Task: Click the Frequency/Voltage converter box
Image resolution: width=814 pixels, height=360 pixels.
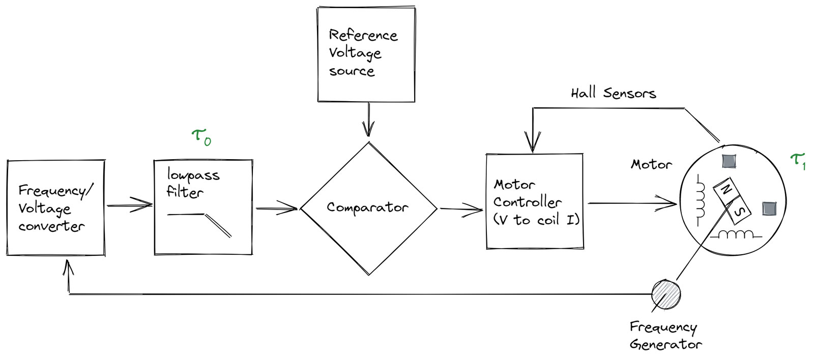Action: (x=55, y=208)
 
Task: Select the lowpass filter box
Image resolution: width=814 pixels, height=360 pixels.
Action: (x=203, y=207)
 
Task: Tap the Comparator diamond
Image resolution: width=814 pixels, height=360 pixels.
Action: (x=368, y=208)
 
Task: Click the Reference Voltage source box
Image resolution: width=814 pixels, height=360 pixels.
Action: (x=366, y=54)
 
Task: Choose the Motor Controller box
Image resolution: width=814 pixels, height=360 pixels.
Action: (x=534, y=202)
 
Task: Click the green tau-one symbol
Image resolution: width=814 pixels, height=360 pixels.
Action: (x=798, y=161)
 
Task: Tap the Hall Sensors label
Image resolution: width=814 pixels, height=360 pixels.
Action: (x=613, y=93)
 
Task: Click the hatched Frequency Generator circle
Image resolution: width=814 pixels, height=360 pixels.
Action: (x=666, y=294)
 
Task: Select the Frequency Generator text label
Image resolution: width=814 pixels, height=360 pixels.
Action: (x=664, y=335)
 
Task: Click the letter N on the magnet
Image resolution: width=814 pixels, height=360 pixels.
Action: (x=726, y=190)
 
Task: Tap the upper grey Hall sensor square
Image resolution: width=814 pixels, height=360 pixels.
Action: (x=729, y=161)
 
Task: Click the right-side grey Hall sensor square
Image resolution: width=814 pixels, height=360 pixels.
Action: (x=769, y=208)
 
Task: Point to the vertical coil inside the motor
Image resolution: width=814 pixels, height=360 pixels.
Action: (x=701, y=200)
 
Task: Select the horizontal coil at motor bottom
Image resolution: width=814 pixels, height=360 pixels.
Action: (x=736, y=235)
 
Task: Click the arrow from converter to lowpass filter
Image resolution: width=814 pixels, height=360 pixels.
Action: (x=130, y=205)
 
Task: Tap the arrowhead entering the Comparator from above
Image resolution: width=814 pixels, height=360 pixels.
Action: (x=368, y=130)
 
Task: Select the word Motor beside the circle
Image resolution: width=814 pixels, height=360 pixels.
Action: (x=651, y=165)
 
